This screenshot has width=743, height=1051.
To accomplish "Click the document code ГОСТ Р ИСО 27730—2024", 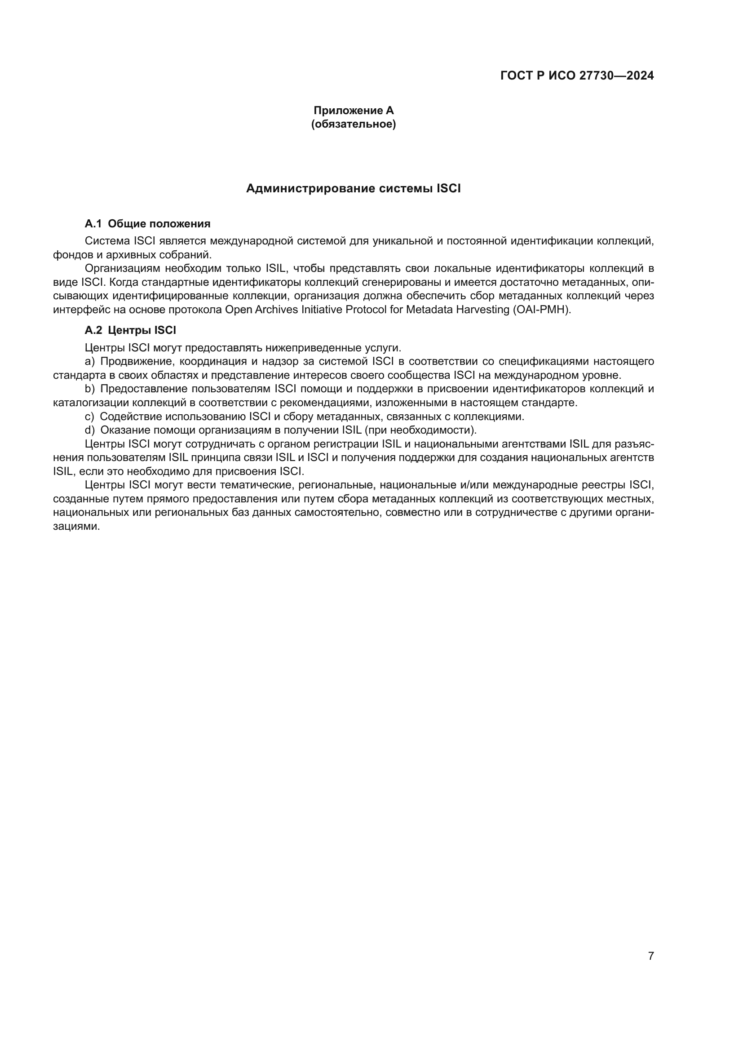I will coord(577,76).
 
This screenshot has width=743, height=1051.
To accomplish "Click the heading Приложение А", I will coord(353,111).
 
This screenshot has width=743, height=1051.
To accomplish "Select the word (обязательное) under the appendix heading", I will coord(353,124).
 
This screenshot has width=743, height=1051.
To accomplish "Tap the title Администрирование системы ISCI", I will coord(353,189).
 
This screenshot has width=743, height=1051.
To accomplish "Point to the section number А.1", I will coord(93,224).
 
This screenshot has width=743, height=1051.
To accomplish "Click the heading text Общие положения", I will coord(159,224).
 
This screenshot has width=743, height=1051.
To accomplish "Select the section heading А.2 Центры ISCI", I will coord(130,331).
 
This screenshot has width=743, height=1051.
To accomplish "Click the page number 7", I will coord(650,956).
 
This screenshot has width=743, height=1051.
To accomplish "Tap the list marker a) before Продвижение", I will coord(89,362).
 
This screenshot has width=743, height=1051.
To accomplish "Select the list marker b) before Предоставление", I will coord(89,389).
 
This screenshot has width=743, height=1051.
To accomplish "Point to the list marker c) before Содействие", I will coord(89,417).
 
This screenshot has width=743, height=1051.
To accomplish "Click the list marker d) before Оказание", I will coord(89,430).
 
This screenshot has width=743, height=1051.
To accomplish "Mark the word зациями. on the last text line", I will coord(76,527).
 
